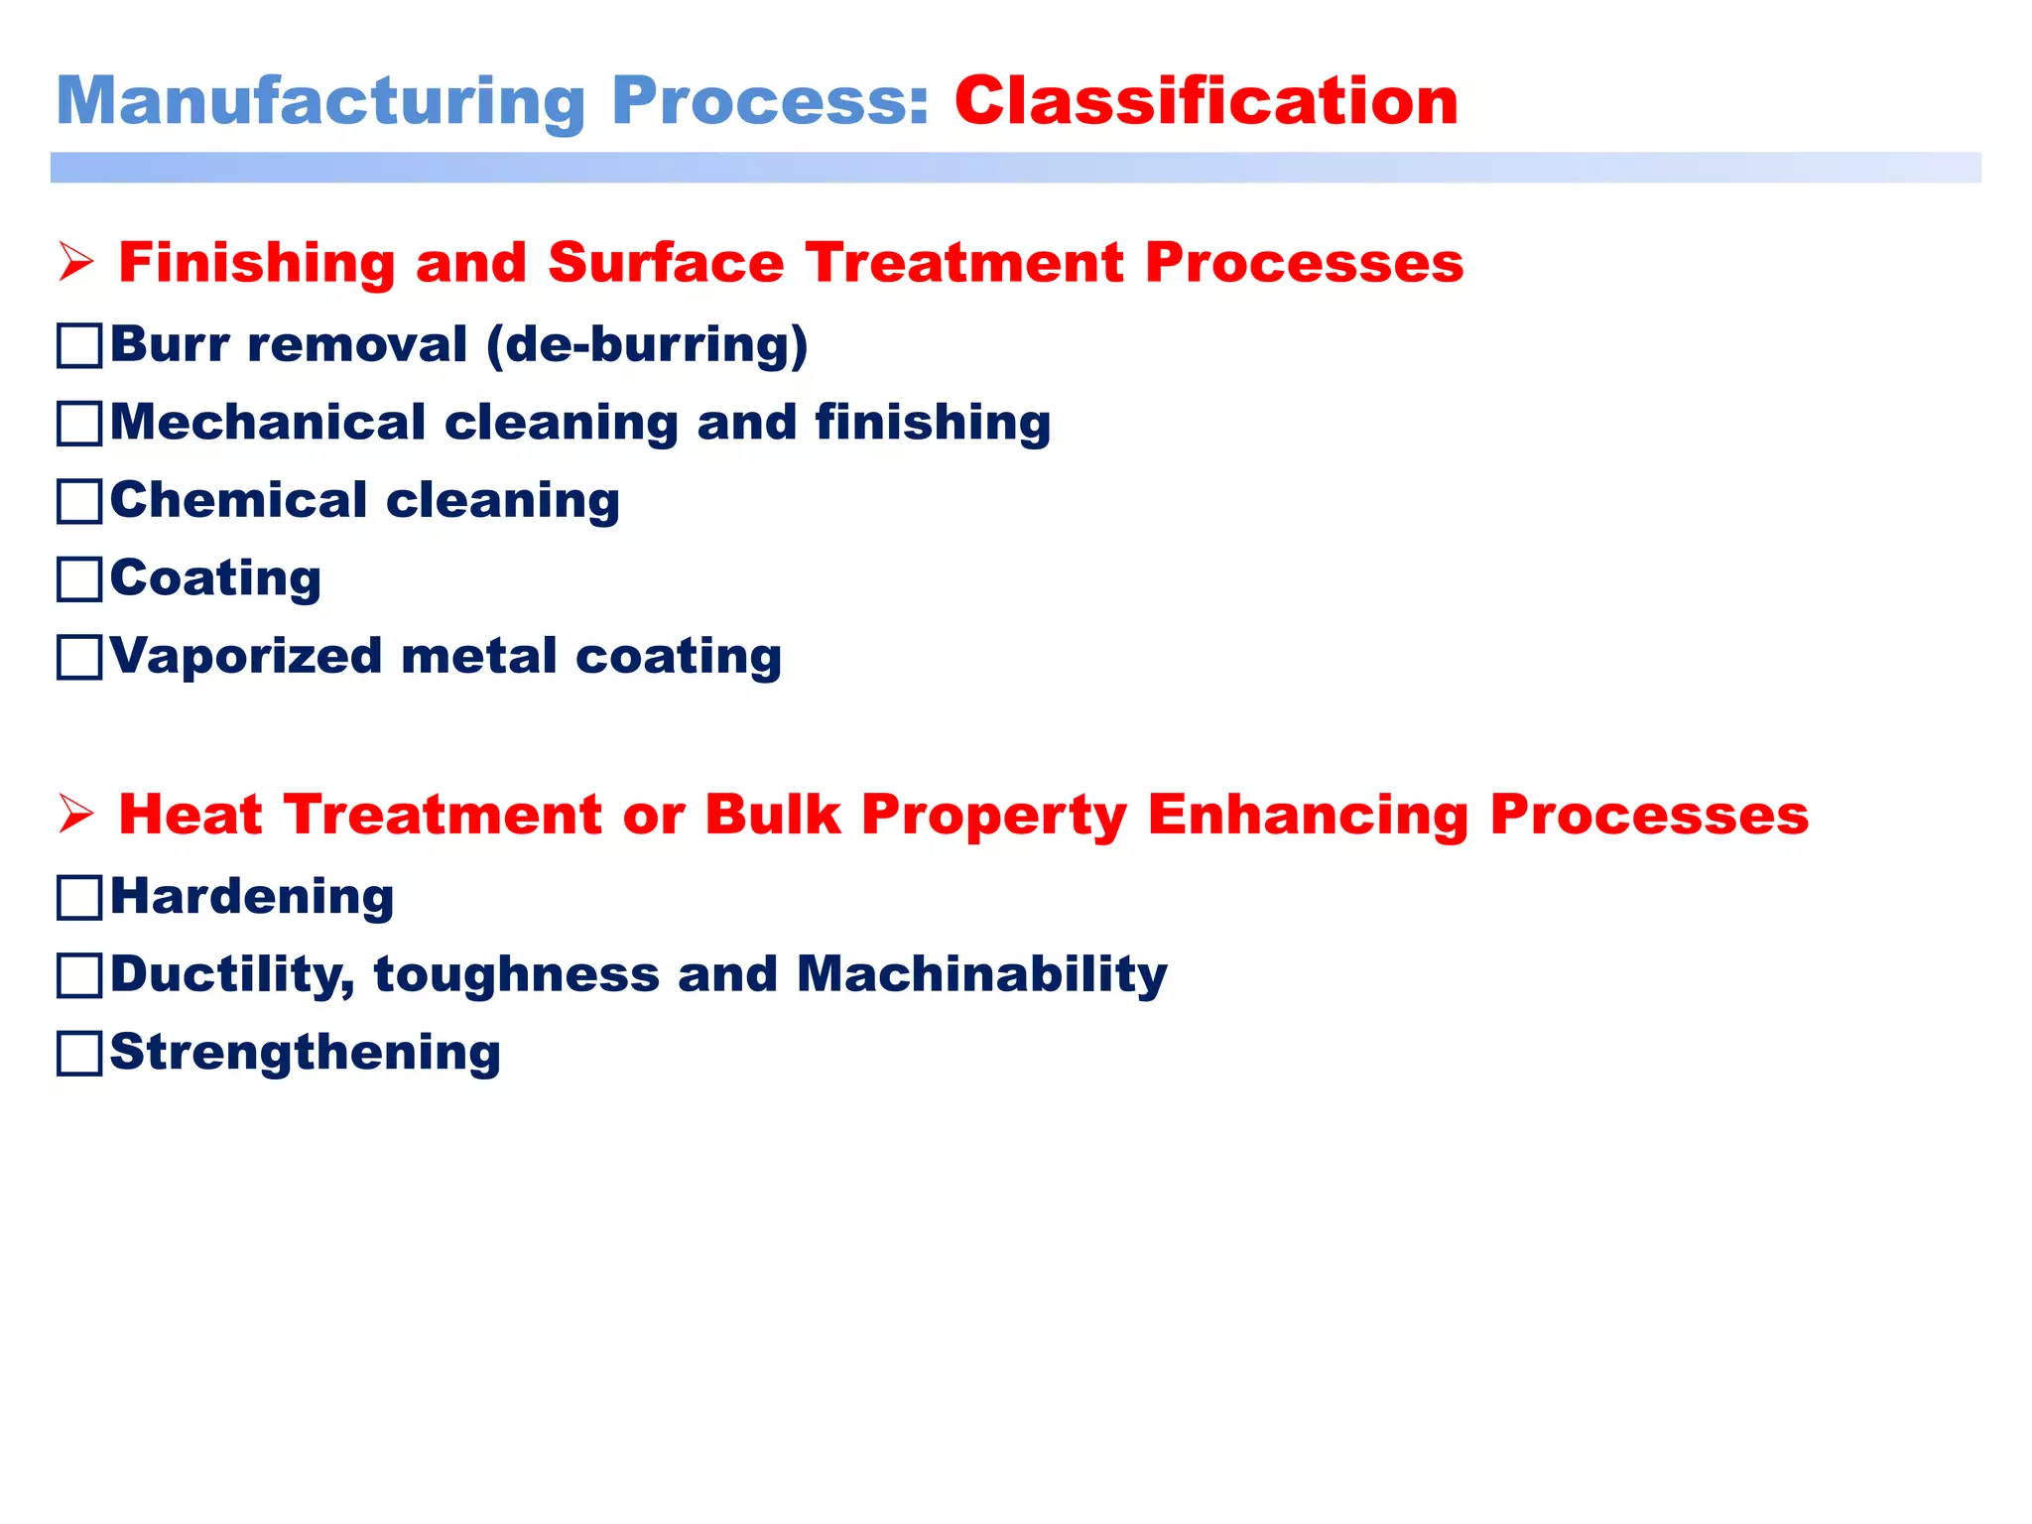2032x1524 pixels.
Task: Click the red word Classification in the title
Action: (x=1206, y=101)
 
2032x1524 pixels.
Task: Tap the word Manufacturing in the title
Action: (x=320, y=101)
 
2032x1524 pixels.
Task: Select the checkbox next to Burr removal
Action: (x=79, y=346)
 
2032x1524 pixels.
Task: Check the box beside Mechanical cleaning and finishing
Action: (x=79, y=424)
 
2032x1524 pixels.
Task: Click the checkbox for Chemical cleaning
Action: (x=79, y=501)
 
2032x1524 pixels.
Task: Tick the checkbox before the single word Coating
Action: (x=79, y=579)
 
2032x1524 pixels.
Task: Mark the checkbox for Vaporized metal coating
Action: (x=79, y=657)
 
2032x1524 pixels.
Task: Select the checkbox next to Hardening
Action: (x=79, y=898)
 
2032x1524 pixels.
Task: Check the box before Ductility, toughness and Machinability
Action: (x=79, y=975)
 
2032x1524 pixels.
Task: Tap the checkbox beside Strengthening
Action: (x=79, y=1053)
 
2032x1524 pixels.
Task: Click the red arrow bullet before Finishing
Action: (x=76, y=263)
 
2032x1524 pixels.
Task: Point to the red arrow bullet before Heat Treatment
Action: (x=76, y=815)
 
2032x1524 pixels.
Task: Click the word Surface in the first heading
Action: (x=665, y=263)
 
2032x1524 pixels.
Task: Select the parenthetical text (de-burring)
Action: (x=647, y=345)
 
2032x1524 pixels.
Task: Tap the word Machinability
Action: (x=981, y=974)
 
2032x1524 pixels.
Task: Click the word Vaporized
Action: (x=246, y=657)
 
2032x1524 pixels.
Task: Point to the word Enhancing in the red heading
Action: (x=1307, y=815)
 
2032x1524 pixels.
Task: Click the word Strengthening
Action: (x=305, y=1052)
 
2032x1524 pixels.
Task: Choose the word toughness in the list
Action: (x=516, y=974)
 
